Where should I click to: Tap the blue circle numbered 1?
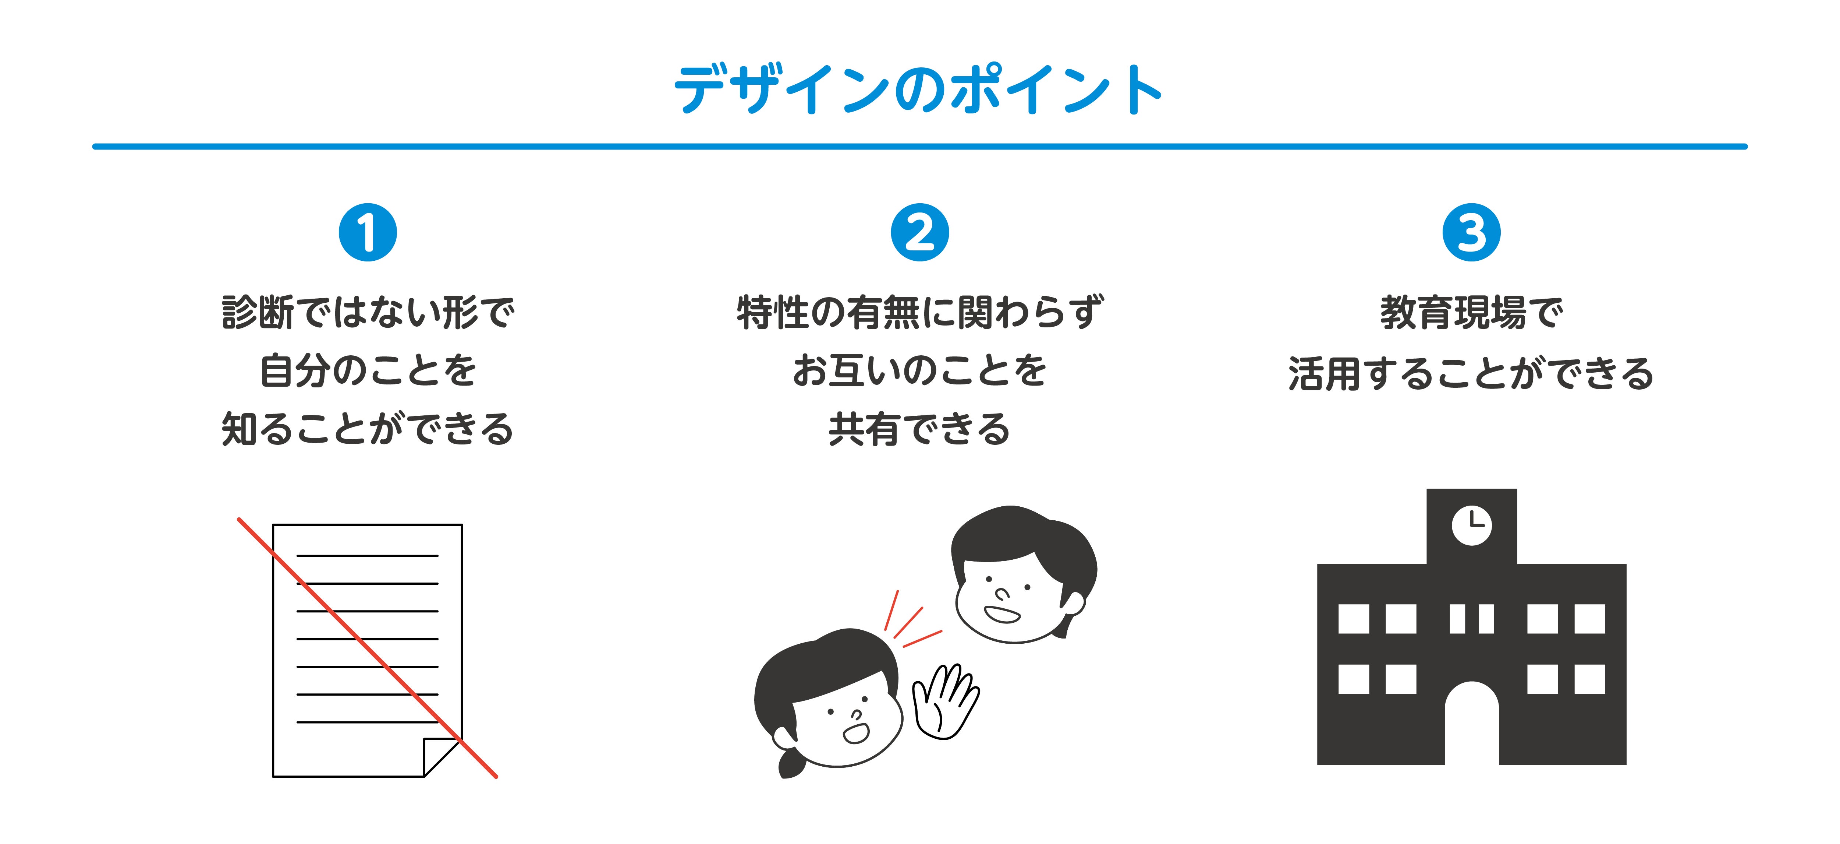[368, 233]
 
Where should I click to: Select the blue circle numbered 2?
[920, 233]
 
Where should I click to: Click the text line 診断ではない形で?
[368, 312]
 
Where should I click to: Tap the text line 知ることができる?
[368, 429]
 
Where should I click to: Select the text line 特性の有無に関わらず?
[920, 312]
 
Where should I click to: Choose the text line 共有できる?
[920, 429]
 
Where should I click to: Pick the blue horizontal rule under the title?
[920, 147]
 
